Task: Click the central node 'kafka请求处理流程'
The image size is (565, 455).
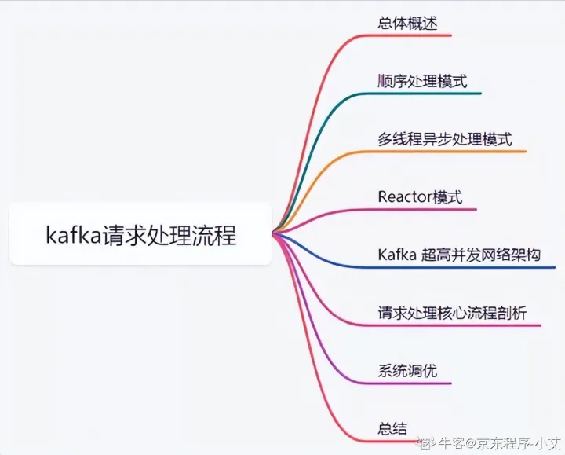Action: coord(140,234)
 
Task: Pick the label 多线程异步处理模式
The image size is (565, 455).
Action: coord(444,139)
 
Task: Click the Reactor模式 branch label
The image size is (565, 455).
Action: coord(420,196)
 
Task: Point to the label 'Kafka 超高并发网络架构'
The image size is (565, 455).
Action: coord(459,255)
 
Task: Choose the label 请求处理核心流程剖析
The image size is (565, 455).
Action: coord(451,313)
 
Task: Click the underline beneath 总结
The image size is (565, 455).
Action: coord(392,441)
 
